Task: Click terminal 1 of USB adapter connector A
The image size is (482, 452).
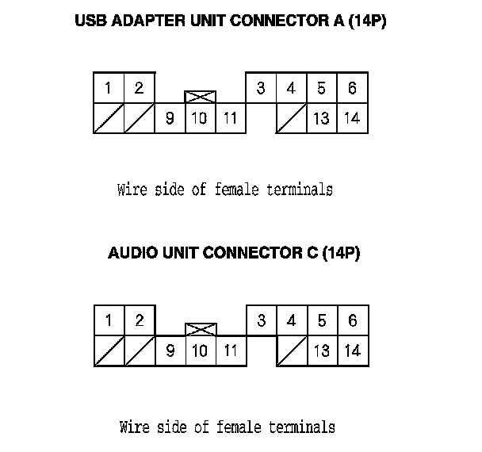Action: [108, 88]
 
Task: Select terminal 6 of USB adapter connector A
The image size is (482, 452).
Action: [352, 88]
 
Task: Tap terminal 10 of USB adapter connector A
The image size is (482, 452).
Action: [200, 119]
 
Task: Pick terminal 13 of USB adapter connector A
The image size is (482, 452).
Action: [321, 119]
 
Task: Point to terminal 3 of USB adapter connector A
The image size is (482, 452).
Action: [261, 88]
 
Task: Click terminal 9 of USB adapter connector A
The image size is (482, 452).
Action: [170, 119]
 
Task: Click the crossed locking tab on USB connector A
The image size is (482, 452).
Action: [200, 97]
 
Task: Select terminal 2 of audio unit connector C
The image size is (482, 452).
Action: [139, 320]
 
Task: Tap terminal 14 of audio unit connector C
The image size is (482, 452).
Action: [352, 350]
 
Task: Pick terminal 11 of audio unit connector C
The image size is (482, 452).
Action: [230, 350]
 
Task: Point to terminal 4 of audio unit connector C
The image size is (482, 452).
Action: [291, 320]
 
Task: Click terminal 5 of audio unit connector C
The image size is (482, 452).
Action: [321, 320]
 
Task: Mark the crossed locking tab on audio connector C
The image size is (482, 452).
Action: [200, 328]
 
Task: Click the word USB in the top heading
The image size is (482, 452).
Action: [90, 21]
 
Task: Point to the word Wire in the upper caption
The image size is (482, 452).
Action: [132, 190]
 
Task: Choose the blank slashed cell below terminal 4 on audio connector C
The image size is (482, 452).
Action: [291, 350]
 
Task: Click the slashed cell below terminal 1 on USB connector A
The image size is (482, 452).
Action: [108, 119]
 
